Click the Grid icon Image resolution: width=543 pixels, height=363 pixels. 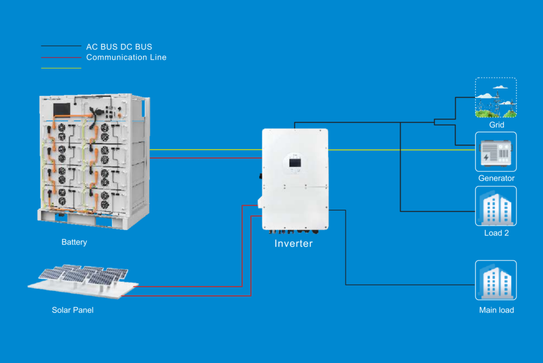click(496, 98)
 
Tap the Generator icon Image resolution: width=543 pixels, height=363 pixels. click(496, 152)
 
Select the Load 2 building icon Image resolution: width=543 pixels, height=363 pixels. click(496, 206)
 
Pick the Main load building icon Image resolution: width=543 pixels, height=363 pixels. click(496, 280)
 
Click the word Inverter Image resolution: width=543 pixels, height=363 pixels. click(293, 244)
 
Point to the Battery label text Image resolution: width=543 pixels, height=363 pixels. click(74, 242)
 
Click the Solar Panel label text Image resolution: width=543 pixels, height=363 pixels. click(73, 310)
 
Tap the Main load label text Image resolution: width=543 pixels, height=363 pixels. click(496, 310)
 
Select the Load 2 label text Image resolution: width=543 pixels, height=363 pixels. click(496, 233)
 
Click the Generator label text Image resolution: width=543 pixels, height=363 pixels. click(496, 178)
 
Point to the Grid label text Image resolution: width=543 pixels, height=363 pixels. click(496, 125)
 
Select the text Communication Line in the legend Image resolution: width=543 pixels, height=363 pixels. click(126, 57)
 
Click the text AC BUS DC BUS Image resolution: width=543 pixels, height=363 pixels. click(119, 47)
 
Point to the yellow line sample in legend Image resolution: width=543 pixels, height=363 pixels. click(61, 68)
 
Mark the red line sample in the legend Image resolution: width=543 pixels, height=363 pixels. click(61, 57)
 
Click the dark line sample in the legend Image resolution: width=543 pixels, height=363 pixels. click(61, 46)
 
